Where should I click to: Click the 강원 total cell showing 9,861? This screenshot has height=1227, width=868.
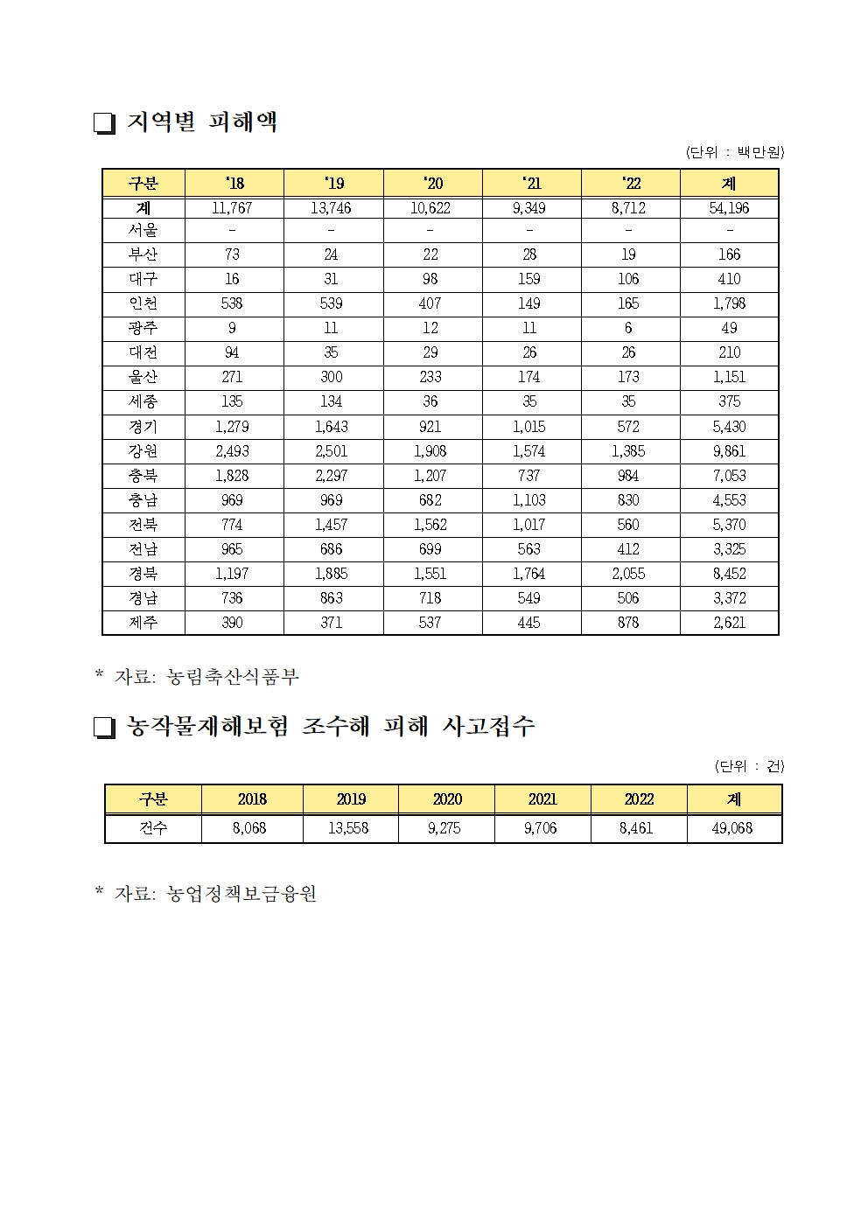click(x=729, y=451)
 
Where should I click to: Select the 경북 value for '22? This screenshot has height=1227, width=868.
click(x=628, y=574)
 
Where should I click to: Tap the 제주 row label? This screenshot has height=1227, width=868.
click(x=143, y=623)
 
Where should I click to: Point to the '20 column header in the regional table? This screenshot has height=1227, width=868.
click(x=432, y=183)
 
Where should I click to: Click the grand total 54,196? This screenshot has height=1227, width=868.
click(x=729, y=208)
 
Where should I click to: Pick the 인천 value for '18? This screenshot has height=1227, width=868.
click(x=232, y=303)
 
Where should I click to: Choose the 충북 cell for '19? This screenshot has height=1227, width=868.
click(x=331, y=476)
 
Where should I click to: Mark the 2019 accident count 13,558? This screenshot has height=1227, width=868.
click(x=348, y=828)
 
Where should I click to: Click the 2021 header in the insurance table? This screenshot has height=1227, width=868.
click(x=542, y=799)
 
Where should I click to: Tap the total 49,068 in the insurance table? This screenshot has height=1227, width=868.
click(x=732, y=828)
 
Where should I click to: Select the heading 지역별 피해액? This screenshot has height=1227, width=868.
click(x=202, y=122)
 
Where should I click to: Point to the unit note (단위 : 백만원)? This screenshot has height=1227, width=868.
click(x=735, y=152)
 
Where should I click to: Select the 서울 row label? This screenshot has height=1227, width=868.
click(x=143, y=231)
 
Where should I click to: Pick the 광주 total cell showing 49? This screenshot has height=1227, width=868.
click(x=729, y=328)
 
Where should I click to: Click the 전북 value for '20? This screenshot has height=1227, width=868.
click(x=430, y=525)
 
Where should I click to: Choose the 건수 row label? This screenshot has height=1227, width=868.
click(x=153, y=828)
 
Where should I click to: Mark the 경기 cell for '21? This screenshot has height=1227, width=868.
click(x=529, y=427)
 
